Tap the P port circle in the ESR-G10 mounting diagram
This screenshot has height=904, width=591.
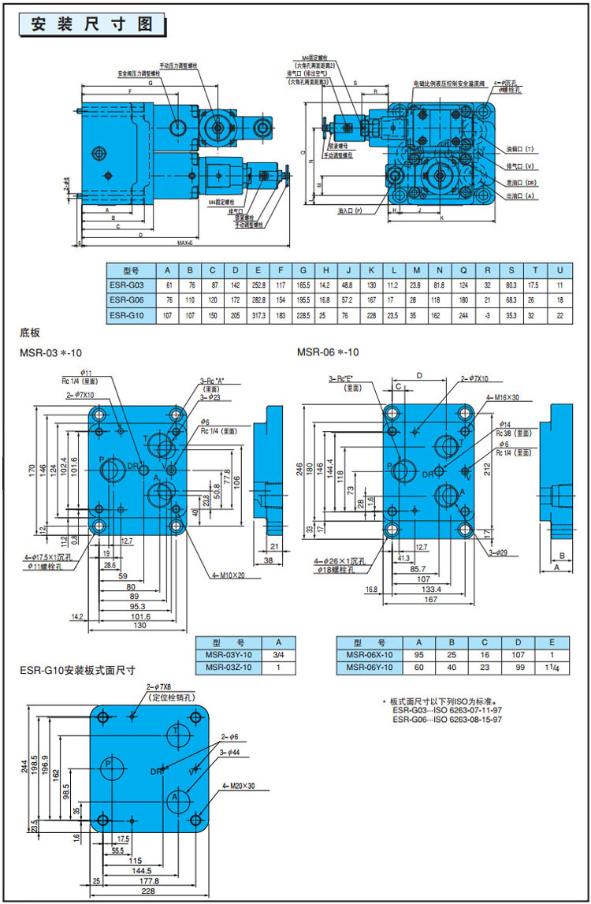pos(110,764)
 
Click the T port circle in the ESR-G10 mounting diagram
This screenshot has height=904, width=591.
pos(178,733)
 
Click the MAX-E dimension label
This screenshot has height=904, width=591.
pos(186,244)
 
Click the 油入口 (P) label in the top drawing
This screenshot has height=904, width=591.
pos(349,211)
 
